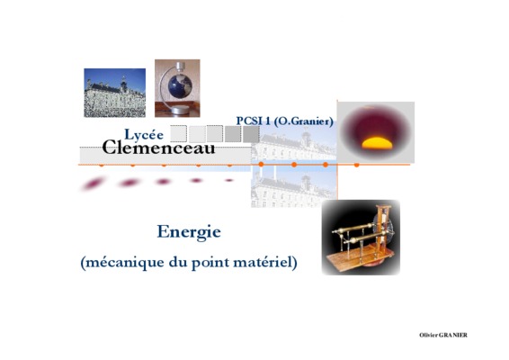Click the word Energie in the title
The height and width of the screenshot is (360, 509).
[189, 232]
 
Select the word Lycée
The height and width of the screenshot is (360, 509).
[144, 135]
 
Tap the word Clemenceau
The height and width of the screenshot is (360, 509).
[159, 148]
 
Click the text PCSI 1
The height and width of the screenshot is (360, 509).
[254, 121]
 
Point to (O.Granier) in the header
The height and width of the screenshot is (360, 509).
[304, 121]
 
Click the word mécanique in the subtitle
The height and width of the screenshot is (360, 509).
[123, 263]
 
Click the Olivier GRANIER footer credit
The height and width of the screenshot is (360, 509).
[443, 335]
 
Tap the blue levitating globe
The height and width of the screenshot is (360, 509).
[180, 86]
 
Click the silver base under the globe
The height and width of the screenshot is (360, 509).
[178, 111]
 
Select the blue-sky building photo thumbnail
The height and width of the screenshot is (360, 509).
[114, 93]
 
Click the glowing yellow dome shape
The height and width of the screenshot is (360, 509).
[377, 143]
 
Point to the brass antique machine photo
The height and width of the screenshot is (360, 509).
[361, 238]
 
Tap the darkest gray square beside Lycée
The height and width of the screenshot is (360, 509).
[251, 134]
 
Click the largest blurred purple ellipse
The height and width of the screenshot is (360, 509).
[94, 184]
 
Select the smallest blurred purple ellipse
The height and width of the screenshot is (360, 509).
[229, 180]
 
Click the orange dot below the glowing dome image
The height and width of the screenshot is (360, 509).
[356, 165]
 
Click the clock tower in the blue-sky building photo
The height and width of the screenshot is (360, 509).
[124, 85]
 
